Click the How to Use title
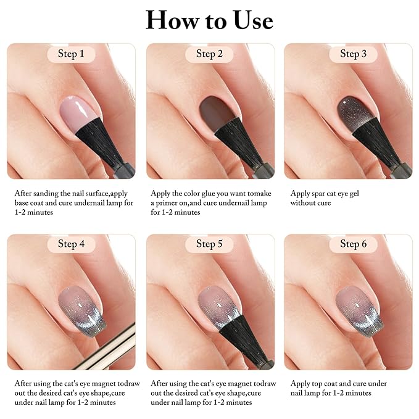pyautogui.click(x=209, y=20)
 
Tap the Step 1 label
pyautogui.click(x=71, y=54)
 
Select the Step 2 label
pyautogui.click(x=209, y=54)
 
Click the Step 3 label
pyautogui.click(x=353, y=54)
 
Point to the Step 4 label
pyautogui.click(x=71, y=244)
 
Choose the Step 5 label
pyautogui.click(x=209, y=244)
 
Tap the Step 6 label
pyautogui.click(x=353, y=244)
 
